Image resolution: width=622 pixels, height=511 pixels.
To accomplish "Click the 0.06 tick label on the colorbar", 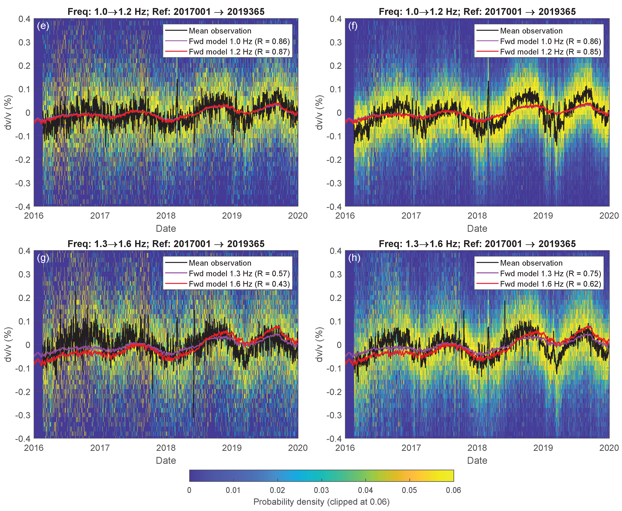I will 453,490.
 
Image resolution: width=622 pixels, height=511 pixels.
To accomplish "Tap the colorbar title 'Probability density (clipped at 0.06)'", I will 321,502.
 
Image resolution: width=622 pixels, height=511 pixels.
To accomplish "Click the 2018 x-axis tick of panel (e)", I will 166,216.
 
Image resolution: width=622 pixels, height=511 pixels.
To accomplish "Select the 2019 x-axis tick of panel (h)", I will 543,448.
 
